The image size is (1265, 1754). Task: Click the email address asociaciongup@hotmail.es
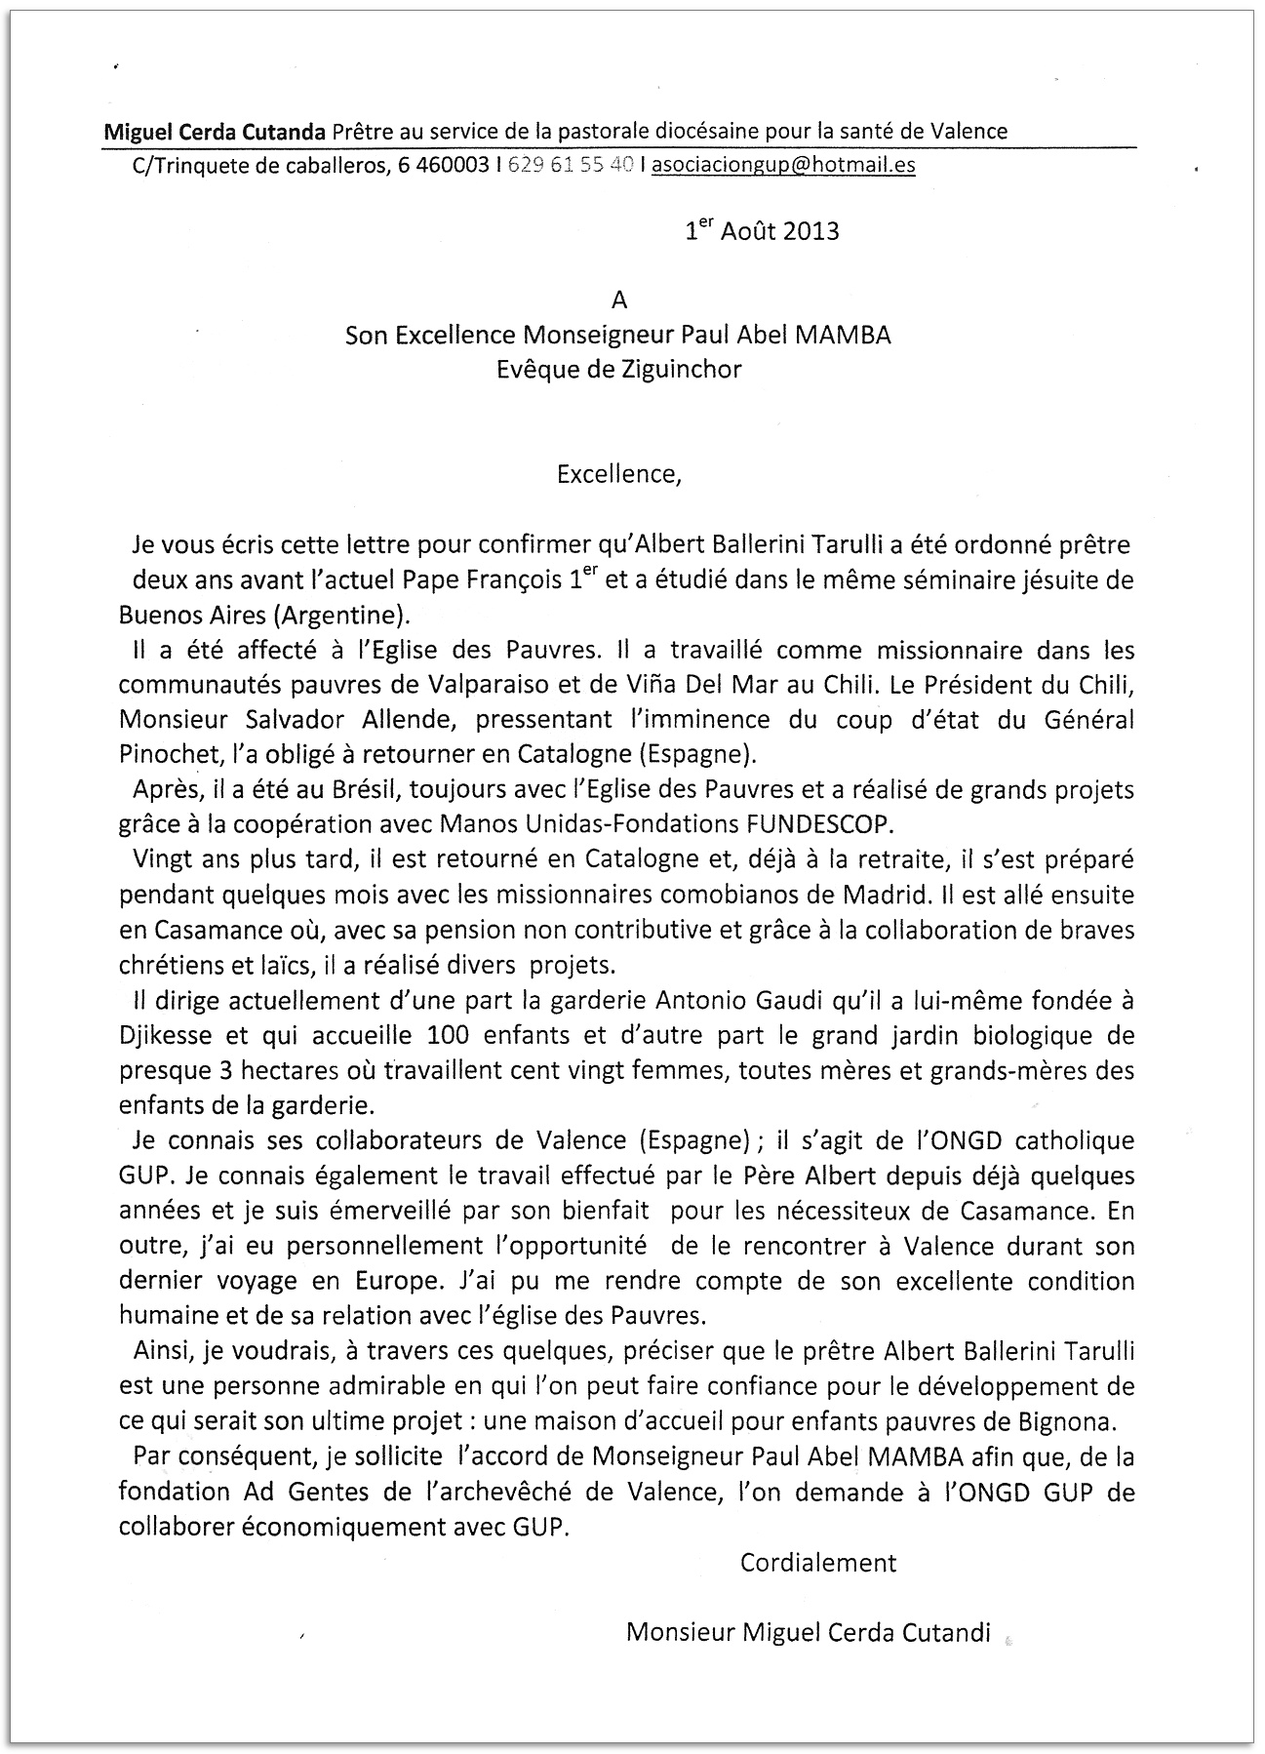click(783, 165)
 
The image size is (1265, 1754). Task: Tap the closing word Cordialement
click(818, 1562)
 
